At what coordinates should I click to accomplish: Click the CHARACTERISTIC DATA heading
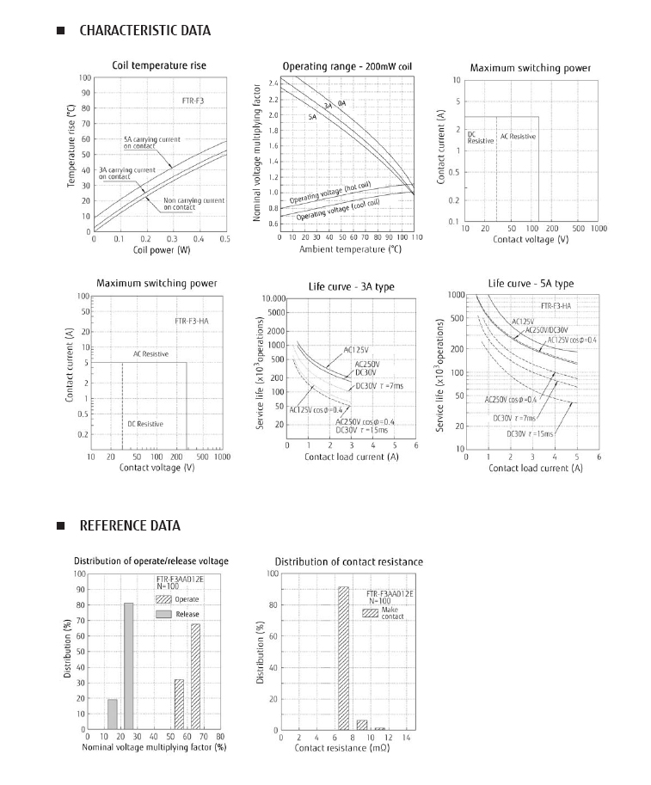pos(144,31)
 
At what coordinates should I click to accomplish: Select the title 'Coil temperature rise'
pos(159,65)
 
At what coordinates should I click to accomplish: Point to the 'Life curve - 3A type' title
pos(351,285)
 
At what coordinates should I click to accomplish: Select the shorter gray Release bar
pos(113,714)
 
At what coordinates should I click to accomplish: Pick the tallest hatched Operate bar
pos(195,676)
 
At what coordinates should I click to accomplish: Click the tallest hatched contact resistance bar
pos(343,658)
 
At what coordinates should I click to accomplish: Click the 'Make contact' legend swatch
pos(371,613)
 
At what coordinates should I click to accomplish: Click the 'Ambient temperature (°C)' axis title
pos(350,249)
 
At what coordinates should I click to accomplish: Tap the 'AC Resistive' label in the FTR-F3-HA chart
pos(150,353)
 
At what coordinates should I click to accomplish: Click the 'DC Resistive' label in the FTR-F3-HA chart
pos(145,424)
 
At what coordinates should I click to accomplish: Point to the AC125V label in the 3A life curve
pos(356,349)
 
